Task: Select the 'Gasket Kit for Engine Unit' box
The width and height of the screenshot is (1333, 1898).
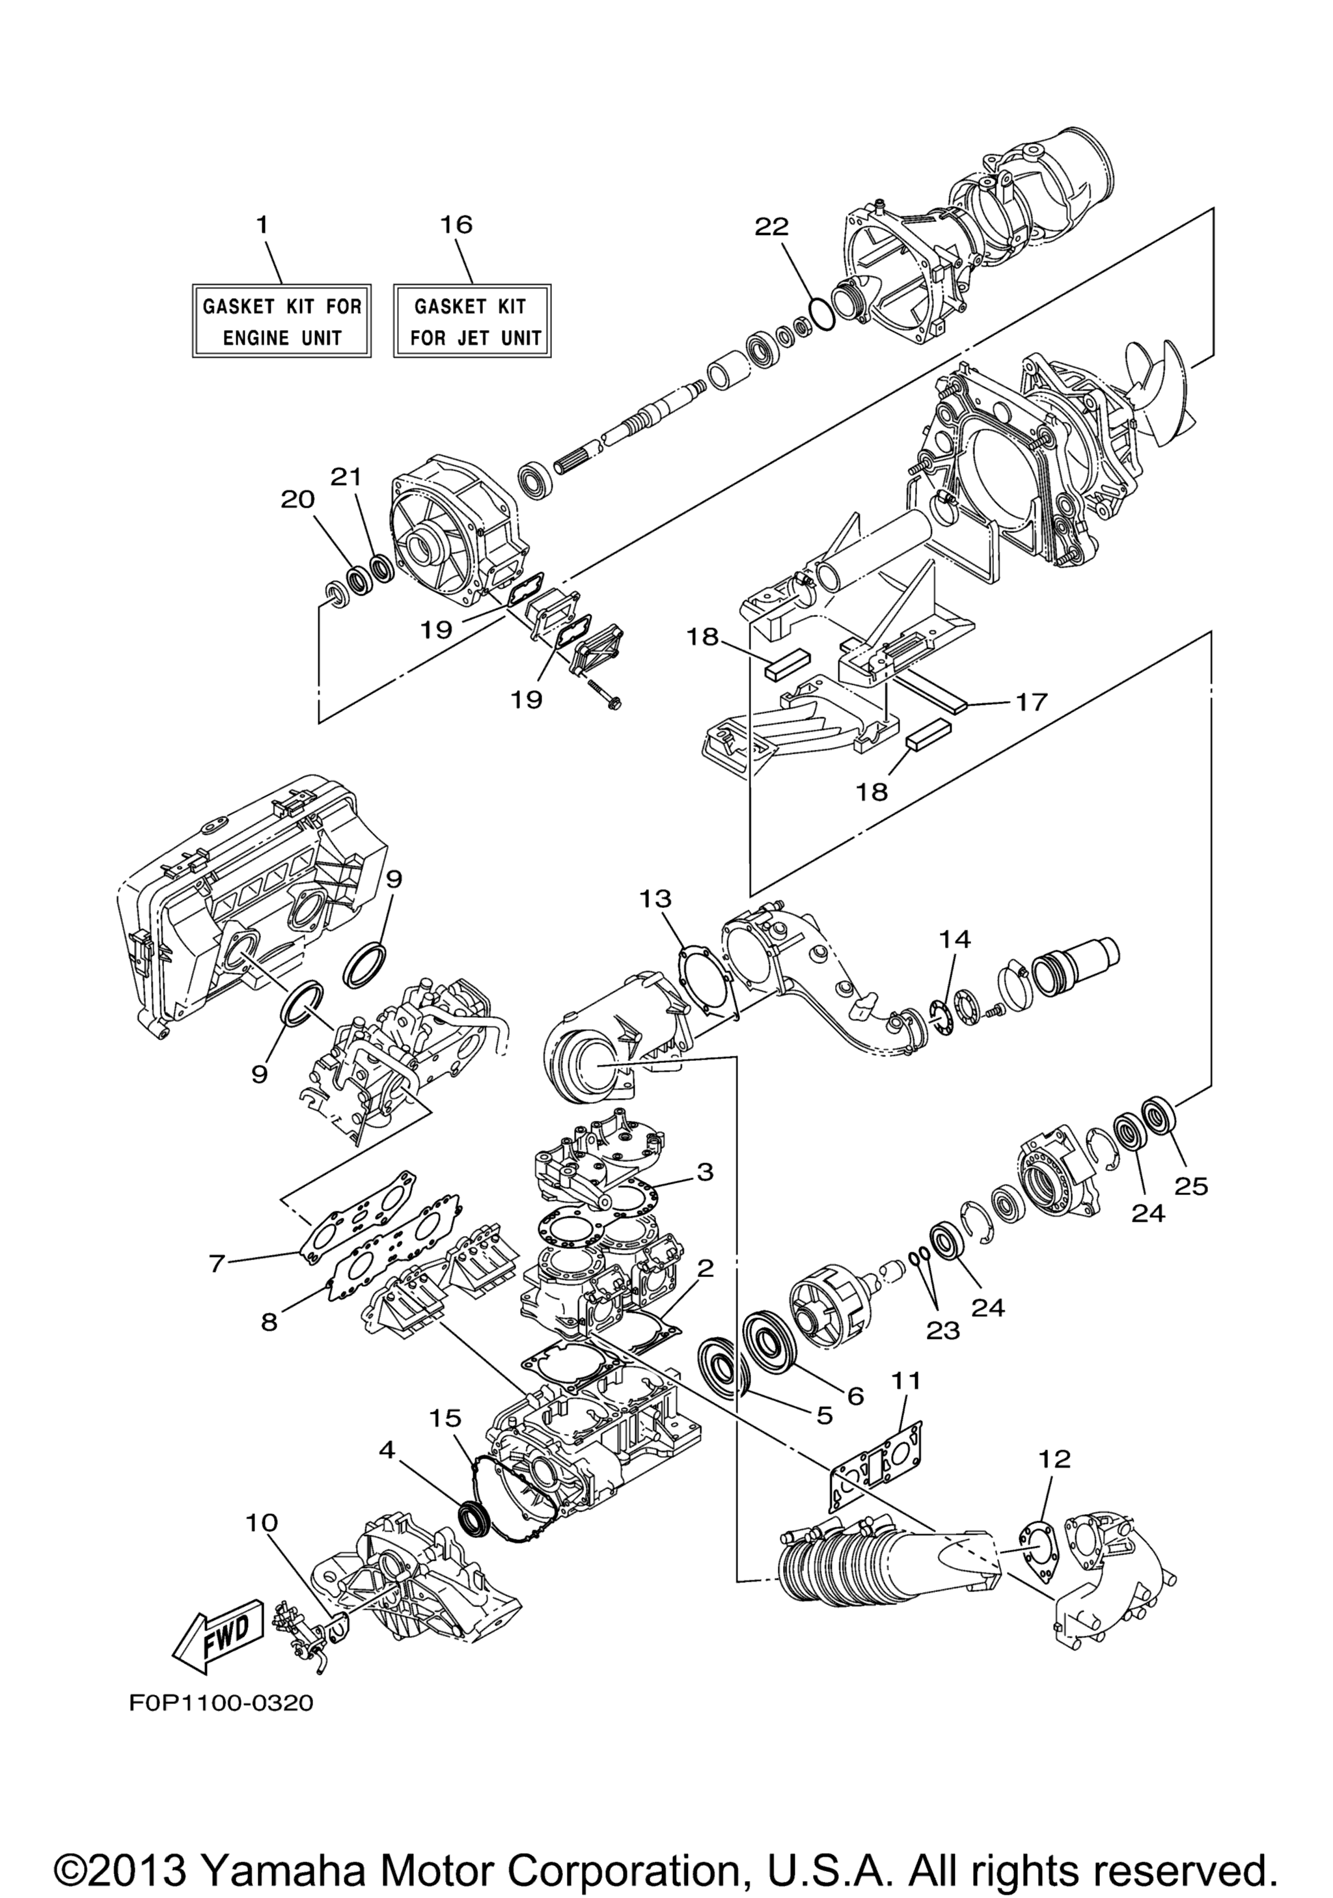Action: pos(282,322)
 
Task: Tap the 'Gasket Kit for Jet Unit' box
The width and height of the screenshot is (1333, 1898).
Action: pos(472,322)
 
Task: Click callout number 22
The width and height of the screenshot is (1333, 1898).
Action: pos(772,227)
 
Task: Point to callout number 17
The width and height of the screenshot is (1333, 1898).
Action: pos(1030,702)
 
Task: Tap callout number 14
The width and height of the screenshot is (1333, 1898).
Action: pos(954,940)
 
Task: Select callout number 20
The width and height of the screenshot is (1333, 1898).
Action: pos(297,499)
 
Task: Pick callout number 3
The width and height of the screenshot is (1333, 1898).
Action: pos(704,1172)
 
